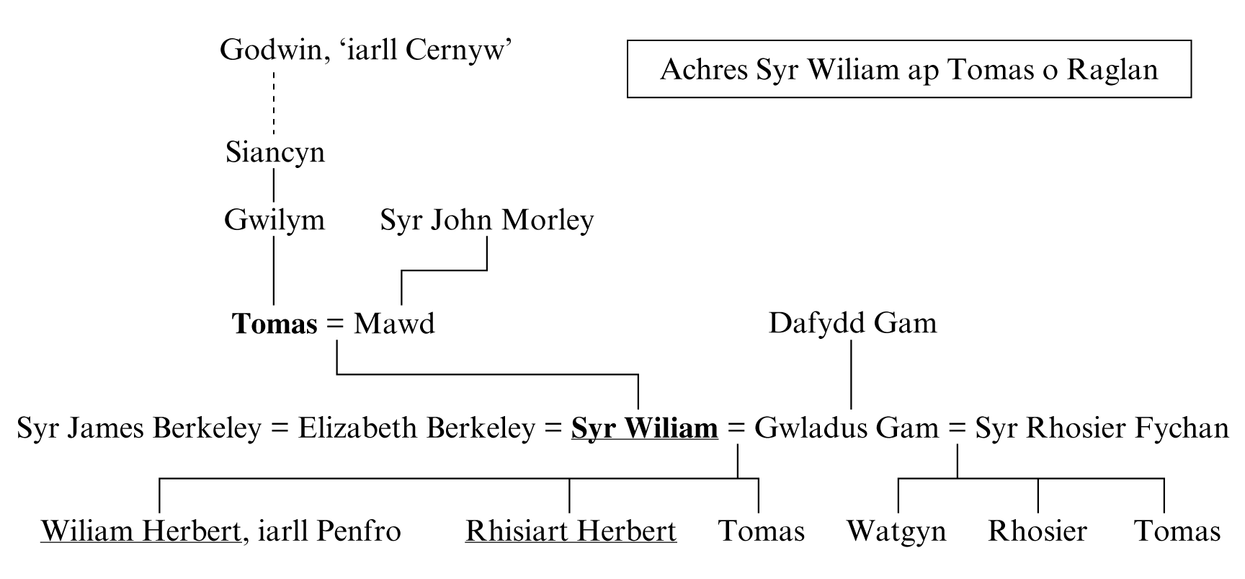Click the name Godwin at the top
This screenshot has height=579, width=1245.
tap(272, 50)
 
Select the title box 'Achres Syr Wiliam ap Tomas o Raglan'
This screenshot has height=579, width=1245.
tap(909, 69)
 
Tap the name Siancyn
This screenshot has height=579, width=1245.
tap(275, 153)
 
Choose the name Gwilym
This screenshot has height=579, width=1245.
tap(274, 220)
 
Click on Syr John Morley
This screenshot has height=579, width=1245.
tap(486, 220)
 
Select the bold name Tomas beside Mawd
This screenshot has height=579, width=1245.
tap(274, 324)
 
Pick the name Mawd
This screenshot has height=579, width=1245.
tap(394, 324)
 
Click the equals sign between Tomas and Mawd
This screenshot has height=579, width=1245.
tap(335, 324)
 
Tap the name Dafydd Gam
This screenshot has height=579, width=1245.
tap(852, 323)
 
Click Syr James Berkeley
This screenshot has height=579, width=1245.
tap(138, 428)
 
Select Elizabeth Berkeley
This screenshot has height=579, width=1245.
tap(416, 428)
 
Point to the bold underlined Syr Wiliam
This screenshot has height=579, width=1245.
tap(644, 428)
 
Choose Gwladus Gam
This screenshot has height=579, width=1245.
tap(846, 428)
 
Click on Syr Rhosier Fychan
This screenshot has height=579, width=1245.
tap(1102, 428)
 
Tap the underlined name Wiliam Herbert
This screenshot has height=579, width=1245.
tap(140, 531)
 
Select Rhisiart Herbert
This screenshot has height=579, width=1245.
tap(571, 531)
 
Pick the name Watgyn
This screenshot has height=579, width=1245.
tap(896, 531)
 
